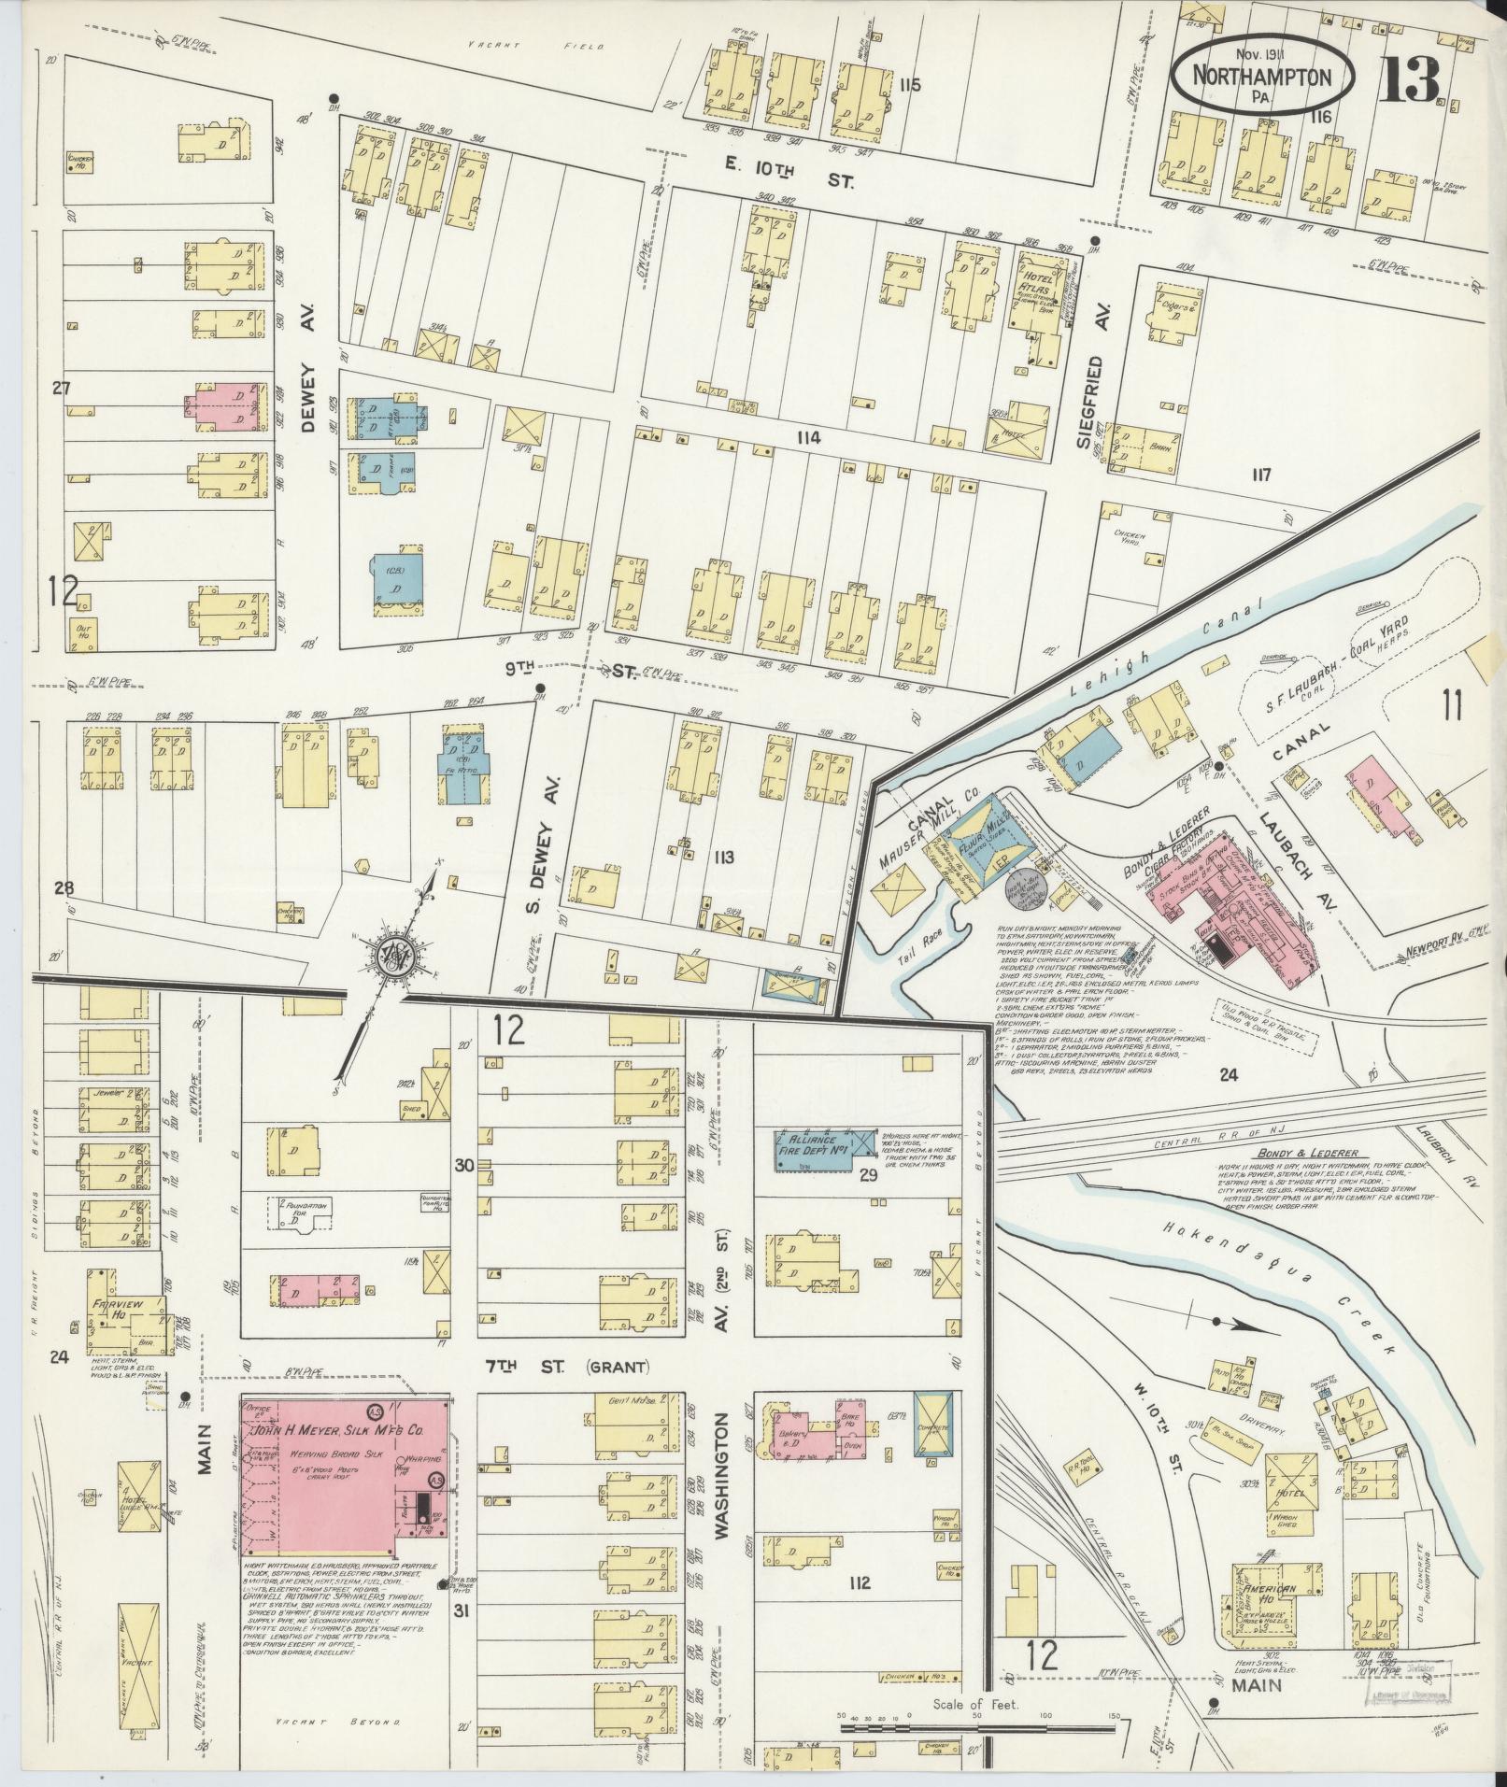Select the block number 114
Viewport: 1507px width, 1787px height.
click(809, 437)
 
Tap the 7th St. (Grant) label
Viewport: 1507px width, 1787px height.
click(570, 1367)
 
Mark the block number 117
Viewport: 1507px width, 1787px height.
click(1261, 475)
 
